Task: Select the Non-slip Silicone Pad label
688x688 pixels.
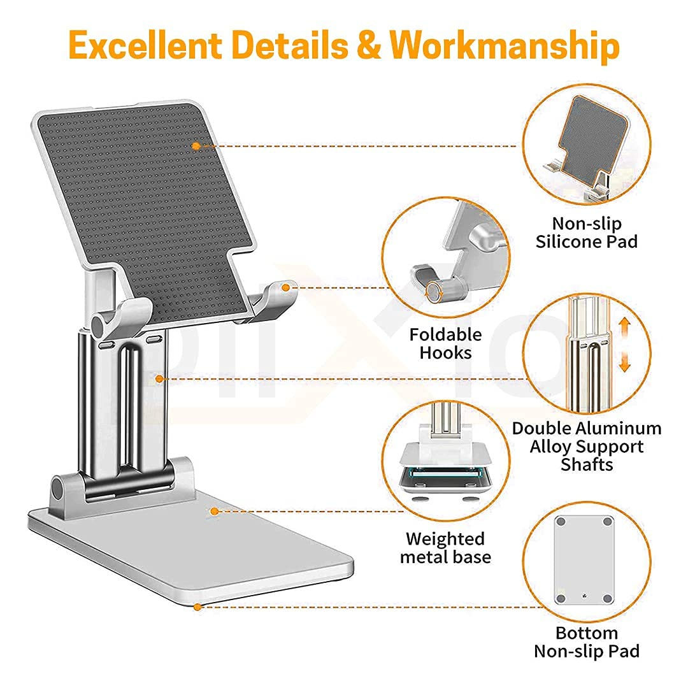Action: [586, 233]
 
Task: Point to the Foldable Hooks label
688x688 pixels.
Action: [445, 343]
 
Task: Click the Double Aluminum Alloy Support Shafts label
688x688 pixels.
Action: [587, 446]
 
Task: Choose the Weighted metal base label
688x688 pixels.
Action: [445, 548]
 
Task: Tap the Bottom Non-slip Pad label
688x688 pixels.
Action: [587, 642]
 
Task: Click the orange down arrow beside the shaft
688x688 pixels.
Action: [624, 363]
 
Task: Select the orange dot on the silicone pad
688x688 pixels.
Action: [196, 146]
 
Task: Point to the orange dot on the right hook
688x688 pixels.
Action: [286, 288]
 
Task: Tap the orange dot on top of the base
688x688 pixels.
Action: [215, 511]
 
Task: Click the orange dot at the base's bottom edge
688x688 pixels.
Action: [197, 607]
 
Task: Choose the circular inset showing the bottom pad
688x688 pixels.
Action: [587, 561]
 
